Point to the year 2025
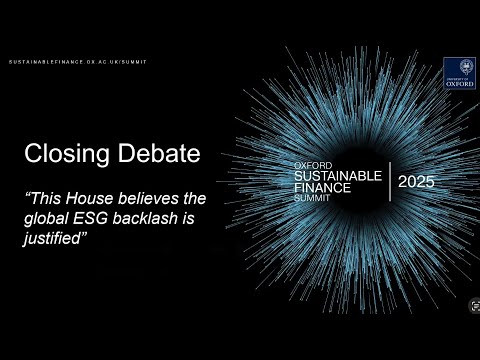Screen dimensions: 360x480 [416, 182]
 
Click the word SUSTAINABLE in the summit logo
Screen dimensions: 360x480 [338, 175]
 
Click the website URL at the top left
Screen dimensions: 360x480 [77, 62]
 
